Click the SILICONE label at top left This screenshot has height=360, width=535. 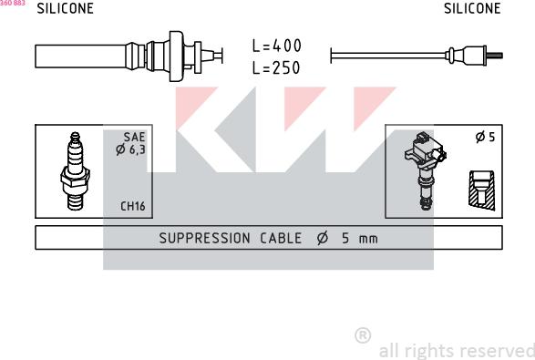66,8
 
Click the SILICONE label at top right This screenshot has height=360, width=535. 472,8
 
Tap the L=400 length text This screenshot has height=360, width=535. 277,46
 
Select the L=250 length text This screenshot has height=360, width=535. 276,67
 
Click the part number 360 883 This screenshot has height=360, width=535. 13,3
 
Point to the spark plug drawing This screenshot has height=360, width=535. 75,170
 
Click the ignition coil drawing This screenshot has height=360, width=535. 425,170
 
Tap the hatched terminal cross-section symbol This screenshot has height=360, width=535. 482,190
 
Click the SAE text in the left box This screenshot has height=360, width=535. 134,138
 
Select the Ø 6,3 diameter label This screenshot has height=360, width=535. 130,149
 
